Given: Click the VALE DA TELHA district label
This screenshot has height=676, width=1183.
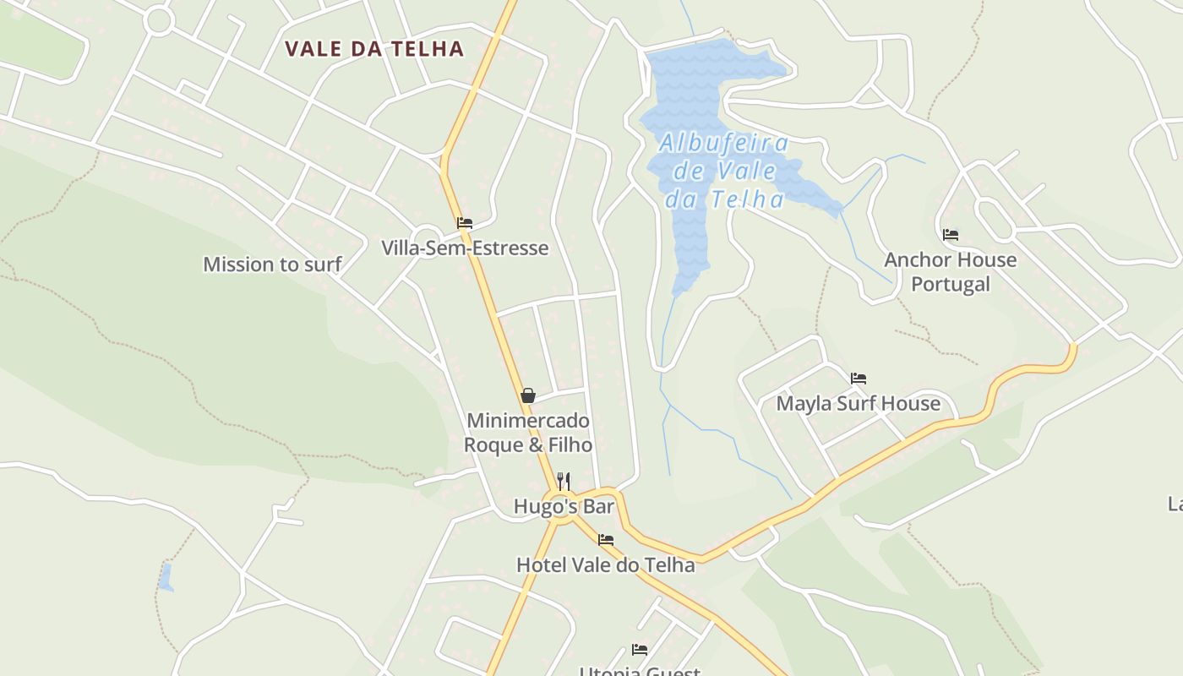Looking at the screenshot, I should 374,49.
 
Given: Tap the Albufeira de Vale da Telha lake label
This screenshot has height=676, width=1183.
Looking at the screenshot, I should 723,171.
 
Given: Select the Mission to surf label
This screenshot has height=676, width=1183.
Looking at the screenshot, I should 272,264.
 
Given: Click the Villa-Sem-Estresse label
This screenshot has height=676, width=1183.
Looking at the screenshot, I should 465,248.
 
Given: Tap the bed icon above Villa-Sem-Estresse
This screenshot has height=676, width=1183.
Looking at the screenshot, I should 464,224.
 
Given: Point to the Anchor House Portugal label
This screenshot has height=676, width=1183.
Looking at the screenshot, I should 950,271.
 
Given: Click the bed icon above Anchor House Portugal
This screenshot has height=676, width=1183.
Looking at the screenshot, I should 951,235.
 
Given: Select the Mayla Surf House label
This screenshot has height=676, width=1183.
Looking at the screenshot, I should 858,403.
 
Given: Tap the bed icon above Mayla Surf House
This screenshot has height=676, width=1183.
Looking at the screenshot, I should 859,379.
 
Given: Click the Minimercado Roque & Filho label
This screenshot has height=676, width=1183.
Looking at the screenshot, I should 528,432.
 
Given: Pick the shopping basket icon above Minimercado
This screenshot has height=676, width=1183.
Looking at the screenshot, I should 528,395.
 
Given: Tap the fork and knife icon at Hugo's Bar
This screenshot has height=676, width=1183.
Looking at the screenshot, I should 564,481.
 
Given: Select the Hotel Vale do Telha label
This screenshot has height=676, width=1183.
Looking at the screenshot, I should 605,564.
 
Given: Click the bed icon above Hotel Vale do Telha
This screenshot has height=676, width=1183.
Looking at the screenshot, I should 605,540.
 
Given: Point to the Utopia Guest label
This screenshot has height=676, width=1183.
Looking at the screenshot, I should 640,672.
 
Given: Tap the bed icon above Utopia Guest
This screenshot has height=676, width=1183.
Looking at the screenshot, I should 640,650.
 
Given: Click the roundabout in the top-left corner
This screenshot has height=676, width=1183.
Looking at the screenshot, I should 158,21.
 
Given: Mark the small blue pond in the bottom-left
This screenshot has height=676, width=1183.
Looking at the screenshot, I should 166,577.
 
